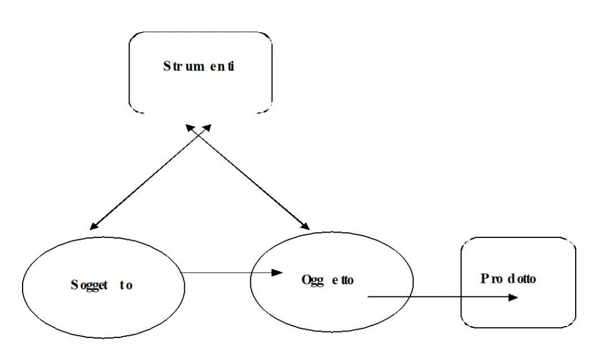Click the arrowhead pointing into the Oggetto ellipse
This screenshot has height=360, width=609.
point(275,273)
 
